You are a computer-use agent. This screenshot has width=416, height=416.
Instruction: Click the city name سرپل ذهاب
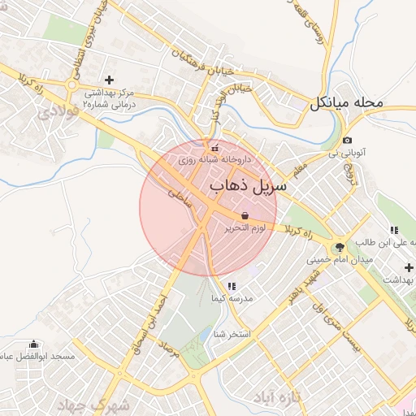click(x=249, y=186)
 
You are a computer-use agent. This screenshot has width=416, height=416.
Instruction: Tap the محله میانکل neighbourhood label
click(x=345, y=103)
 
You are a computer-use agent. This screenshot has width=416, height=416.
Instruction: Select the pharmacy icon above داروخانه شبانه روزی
click(x=214, y=148)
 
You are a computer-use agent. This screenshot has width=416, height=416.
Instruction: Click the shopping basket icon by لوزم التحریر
click(x=245, y=215)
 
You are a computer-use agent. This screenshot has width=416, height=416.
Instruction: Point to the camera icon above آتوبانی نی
click(x=347, y=140)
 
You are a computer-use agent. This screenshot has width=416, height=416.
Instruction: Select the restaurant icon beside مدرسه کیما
click(x=232, y=286)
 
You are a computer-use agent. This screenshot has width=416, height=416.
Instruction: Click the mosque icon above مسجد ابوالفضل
click(x=33, y=344)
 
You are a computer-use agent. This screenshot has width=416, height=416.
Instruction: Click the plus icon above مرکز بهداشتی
click(x=110, y=80)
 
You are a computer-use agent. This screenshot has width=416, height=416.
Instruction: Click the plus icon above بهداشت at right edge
click(x=409, y=267)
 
